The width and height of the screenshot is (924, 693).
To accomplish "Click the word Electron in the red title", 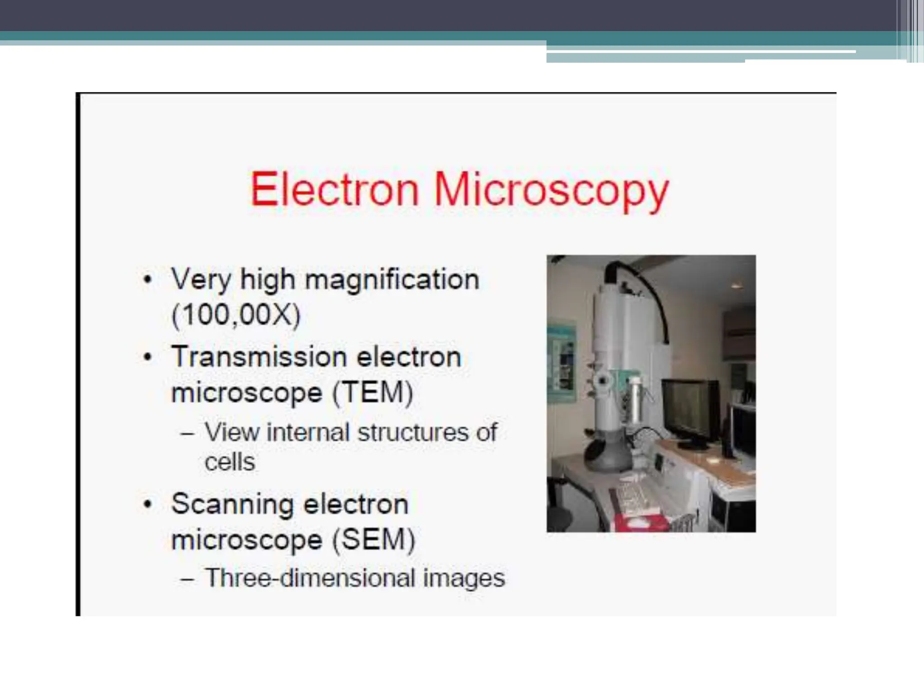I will tap(334, 189).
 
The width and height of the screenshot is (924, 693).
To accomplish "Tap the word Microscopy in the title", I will tap(550, 192).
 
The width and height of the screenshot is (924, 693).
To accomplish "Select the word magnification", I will tap(392, 280).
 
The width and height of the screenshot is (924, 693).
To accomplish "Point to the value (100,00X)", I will tap(236, 314).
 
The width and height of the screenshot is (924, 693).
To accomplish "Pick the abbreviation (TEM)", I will tap(373, 392).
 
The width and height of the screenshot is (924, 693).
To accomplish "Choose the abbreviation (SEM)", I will tap(374, 539).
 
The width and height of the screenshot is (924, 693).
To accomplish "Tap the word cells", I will tap(230, 462).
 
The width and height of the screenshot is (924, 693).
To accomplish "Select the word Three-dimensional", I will tap(310, 578).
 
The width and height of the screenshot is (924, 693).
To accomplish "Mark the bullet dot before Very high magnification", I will tap(147, 280).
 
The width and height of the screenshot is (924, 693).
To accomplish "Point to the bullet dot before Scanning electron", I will tap(147, 504).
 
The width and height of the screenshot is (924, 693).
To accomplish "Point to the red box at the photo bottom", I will tap(641, 523).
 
